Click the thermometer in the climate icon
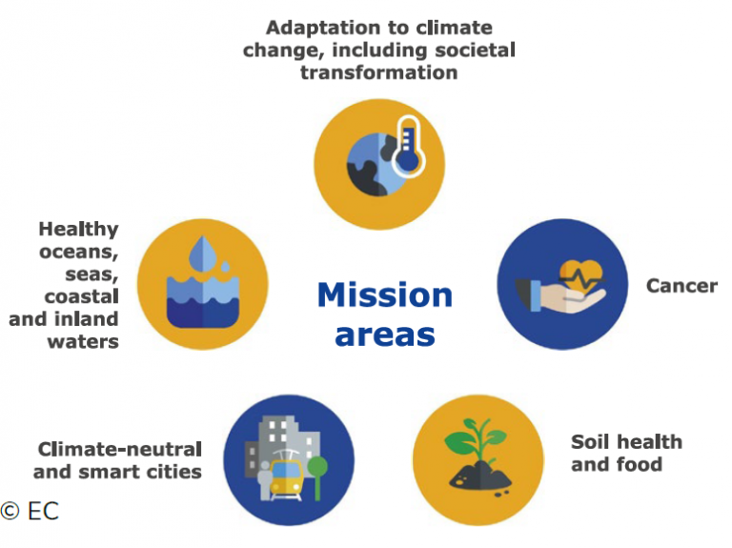click(408, 146)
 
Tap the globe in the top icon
click(374, 165)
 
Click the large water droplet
click(202, 254)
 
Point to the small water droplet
click(226, 266)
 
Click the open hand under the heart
click(560, 295)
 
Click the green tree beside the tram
click(317, 477)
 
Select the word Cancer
click(681, 286)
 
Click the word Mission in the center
click(385, 295)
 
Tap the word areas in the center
click(385, 335)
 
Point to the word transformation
click(378, 72)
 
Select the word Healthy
click(78, 230)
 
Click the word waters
click(83, 342)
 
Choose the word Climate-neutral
click(120, 450)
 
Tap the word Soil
click(590, 442)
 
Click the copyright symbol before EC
click(10, 511)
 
